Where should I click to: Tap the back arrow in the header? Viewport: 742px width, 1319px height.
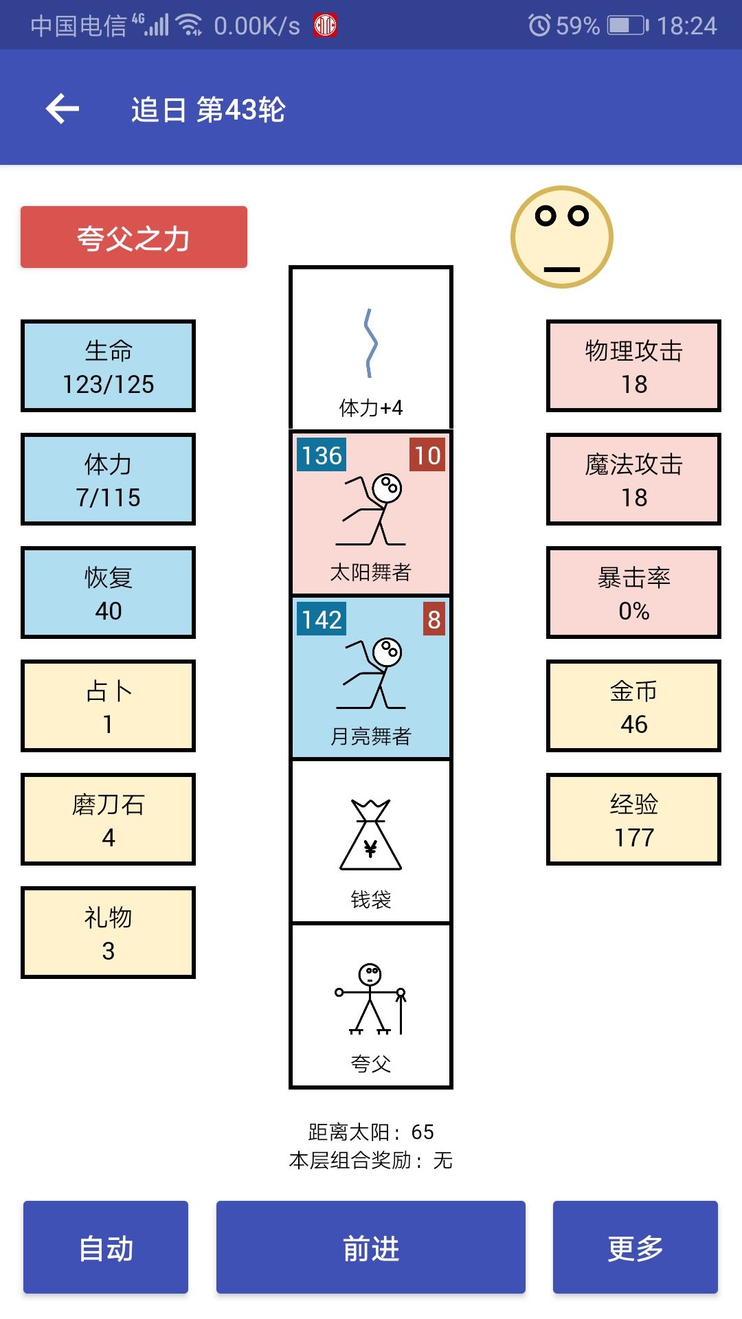coord(63,109)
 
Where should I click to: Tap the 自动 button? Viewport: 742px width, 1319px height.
coord(106,1247)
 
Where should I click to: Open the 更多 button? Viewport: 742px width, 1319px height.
coord(636,1247)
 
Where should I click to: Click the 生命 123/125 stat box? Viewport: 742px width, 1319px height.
coord(109,366)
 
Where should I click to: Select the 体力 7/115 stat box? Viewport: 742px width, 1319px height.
coord(109,480)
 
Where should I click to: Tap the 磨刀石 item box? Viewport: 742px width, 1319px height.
coord(109,820)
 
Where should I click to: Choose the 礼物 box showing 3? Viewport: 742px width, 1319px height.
coord(109,933)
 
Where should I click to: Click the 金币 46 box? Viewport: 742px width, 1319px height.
coord(633,706)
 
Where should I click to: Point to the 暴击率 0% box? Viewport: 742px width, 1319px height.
coord(633,593)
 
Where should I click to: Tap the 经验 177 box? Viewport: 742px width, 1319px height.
coord(633,820)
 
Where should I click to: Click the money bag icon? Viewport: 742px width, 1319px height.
coord(371,835)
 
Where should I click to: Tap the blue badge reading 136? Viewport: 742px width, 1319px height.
coord(322,455)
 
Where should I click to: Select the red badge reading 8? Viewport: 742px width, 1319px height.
coord(434,619)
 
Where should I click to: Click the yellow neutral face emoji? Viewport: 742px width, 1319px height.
coord(562,237)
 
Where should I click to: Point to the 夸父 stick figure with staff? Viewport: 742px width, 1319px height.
coord(371,999)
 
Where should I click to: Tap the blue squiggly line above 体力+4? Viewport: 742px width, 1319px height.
coord(371,343)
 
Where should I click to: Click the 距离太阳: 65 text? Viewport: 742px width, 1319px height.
coord(371,1131)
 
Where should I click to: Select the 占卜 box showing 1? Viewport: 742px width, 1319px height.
coord(109,706)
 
